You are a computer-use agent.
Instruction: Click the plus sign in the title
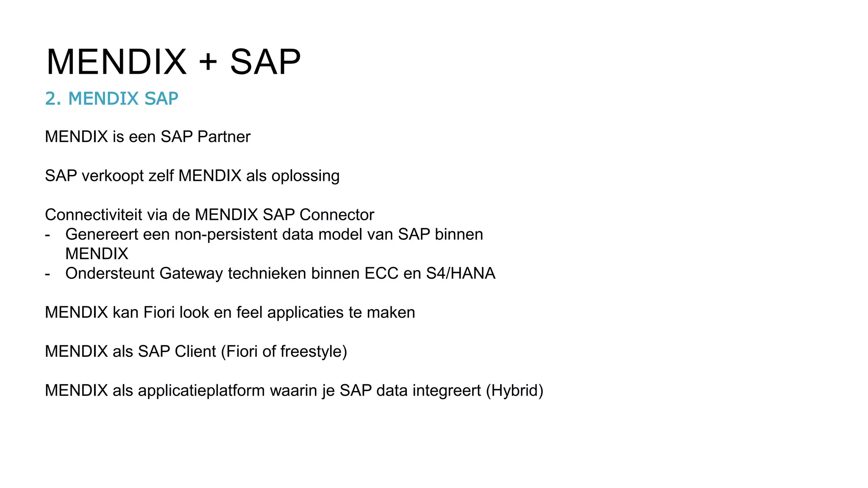pyautogui.click(x=208, y=62)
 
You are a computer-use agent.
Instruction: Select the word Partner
pyautogui.click(x=224, y=137)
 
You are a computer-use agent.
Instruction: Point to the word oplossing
pyautogui.click(x=306, y=176)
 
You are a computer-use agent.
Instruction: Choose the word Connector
pyautogui.click(x=337, y=215)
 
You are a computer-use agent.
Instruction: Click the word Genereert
pyautogui.click(x=102, y=234)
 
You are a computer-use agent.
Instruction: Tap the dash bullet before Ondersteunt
pyautogui.click(x=47, y=274)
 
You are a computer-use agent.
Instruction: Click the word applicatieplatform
pyautogui.click(x=201, y=390)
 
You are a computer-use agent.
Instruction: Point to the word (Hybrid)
pyautogui.click(x=515, y=390)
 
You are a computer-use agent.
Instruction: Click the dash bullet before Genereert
pyautogui.click(x=47, y=235)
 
